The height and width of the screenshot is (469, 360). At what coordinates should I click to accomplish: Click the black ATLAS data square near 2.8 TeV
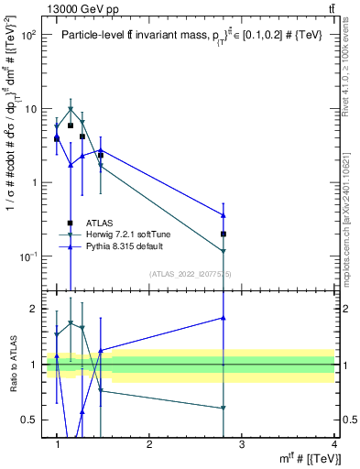[224, 234]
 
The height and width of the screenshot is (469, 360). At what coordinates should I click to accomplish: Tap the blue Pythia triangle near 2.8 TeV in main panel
[224, 215]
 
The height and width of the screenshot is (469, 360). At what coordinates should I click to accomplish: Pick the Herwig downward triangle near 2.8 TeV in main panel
[224, 251]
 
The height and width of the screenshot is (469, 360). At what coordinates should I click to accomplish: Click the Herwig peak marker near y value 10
[71, 109]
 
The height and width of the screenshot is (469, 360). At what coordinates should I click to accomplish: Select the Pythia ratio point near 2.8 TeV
[224, 318]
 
